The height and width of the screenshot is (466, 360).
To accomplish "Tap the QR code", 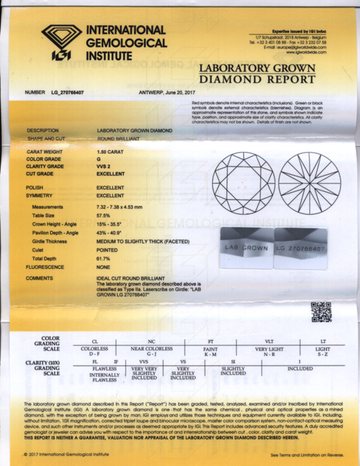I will pyautogui.click(x=321, y=312).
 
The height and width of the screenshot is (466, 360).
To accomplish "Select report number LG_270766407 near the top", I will pyautogui.click(x=63, y=92).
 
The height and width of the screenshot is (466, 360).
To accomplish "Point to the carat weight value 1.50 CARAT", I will pyautogui.click(x=109, y=153).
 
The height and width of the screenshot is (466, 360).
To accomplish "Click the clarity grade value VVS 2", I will pyautogui.click(x=105, y=166).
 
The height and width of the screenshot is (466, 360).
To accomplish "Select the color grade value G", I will pyautogui.click(x=99, y=160).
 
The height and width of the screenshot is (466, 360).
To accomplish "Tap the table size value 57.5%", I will pyautogui.click(x=105, y=216).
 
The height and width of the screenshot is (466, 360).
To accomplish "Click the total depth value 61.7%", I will pyautogui.click(x=104, y=259).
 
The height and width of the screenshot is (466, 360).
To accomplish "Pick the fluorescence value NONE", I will pyautogui.click(x=104, y=266).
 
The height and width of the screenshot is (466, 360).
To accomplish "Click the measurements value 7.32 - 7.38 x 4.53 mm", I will pyautogui.click(x=126, y=207).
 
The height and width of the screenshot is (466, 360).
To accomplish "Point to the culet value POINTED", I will pyautogui.click(x=107, y=250).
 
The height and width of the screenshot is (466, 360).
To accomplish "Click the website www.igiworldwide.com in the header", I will pyautogui.click(x=306, y=52).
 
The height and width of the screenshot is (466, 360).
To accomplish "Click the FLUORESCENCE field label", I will pyautogui.click(x=47, y=266).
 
